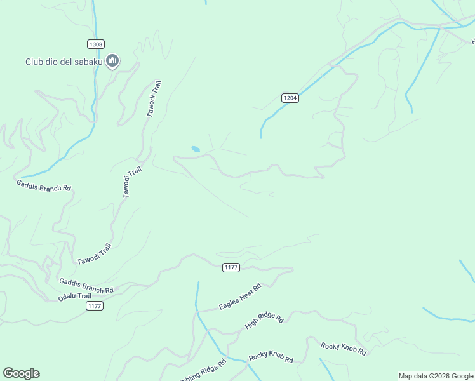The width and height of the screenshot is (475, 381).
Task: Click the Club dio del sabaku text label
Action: (x=64, y=62)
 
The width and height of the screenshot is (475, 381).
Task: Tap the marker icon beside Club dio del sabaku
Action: (x=112, y=61)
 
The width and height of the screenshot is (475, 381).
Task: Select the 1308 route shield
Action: (x=96, y=44)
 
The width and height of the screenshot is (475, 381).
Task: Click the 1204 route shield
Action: (x=290, y=98)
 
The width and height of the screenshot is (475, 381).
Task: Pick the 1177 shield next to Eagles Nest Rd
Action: (x=231, y=267)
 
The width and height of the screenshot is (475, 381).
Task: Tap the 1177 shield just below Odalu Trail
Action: (x=95, y=306)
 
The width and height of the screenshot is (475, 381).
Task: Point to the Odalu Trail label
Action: (x=75, y=297)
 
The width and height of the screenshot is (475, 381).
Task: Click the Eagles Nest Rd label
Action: (x=240, y=297)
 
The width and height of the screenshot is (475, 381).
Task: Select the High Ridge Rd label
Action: (x=264, y=322)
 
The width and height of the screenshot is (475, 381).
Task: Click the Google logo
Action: (x=21, y=373)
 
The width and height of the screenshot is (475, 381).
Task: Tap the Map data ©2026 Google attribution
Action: (x=436, y=376)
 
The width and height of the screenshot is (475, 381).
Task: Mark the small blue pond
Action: (x=196, y=149)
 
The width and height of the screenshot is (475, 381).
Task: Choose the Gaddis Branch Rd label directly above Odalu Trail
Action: (x=86, y=286)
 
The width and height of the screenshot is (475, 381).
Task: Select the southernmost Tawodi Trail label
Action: (x=95, y=254)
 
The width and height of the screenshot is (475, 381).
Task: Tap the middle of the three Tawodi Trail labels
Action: (x=131, y=182)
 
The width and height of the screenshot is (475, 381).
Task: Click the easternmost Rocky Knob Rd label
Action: (x=344, y=349)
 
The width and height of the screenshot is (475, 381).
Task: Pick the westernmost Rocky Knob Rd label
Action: (x=271, y=358)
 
